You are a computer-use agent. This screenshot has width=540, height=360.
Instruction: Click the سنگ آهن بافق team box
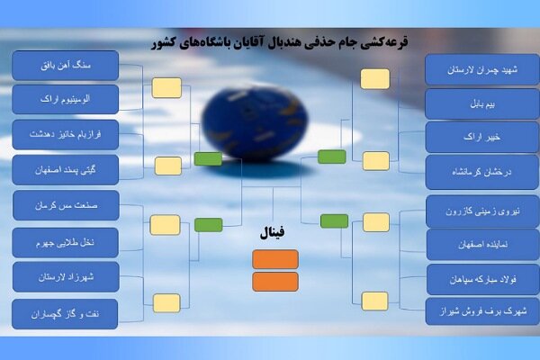(x=65, y=66)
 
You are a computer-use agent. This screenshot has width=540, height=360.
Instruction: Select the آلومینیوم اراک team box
(x=65, y=99)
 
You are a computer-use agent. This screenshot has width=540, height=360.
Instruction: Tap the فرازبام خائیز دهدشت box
(x=65, y=133)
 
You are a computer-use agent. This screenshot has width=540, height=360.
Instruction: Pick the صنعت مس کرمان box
(x=65, y=205)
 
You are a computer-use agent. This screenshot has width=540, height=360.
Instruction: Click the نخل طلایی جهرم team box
(x=65, y=241)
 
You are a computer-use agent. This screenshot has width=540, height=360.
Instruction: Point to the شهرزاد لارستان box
(x=65, y=276)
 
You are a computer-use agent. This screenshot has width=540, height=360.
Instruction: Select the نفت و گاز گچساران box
(x=65, y=312)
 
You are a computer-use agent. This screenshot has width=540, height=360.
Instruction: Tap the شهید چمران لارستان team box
(x=469, y=70)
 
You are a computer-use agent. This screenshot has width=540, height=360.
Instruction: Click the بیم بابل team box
(x=469, y=104)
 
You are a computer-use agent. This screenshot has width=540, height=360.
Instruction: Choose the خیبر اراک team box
(x=469, y=138)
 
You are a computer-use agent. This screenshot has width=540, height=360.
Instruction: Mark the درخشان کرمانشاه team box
(x=469, y=172)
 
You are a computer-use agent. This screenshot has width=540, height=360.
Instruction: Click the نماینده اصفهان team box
(x=469, y=244)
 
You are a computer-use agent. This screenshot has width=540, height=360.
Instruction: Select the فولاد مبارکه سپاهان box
(x=469, y=279)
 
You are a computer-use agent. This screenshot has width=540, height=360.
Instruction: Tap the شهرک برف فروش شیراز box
(x=469, y=311)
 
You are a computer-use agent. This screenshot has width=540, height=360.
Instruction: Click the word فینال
(x=273, y=232)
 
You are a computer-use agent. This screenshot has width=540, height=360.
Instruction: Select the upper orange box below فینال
(x=275, y=259)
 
